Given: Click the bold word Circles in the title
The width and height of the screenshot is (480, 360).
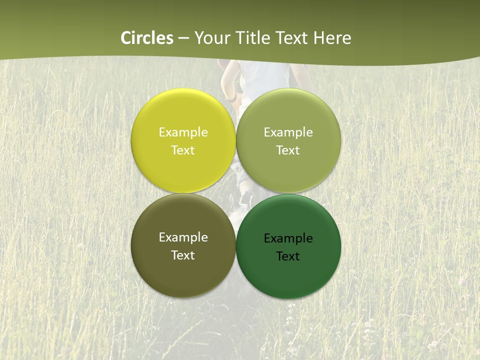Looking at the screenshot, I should [x=147, y=38].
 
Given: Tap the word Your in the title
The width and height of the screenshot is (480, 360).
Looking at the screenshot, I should [x=210, y=38].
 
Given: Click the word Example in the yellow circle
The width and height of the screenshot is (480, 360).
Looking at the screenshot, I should [x=183, y=132].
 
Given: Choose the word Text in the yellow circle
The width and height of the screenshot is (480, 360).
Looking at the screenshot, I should [x=183, y=150].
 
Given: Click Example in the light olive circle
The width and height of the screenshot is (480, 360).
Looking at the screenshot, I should [x=288, y=132].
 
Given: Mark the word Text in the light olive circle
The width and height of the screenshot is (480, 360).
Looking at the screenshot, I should [x=288, y=150].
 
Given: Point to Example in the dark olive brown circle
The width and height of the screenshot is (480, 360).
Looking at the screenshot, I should [x=183, y=237].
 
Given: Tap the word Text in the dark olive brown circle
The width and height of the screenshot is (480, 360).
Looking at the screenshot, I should [x=183, y=255].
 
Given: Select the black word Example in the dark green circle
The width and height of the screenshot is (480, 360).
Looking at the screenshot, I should [x=288, y=238].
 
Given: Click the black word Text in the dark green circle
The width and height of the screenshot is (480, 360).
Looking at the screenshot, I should [x=288, y=256].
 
